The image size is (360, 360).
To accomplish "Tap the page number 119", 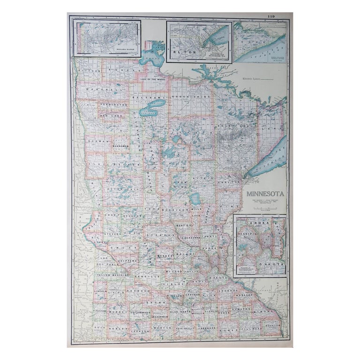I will [x=271, y=17].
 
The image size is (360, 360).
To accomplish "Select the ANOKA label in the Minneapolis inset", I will [x=259, y=223].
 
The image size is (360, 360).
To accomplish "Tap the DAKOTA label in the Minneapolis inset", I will [x=273, y=265].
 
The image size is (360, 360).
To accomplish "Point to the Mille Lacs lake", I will [x=195, y=199].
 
